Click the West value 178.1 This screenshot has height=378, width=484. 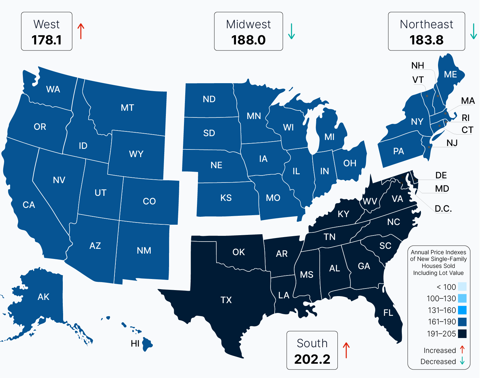[47, 40]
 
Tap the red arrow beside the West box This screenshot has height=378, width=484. [81, 31]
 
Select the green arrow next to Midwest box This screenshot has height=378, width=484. [291, 31]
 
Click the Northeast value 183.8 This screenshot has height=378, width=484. [426, 40]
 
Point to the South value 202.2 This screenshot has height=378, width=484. [312, 359]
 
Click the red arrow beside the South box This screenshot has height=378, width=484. [346, 350]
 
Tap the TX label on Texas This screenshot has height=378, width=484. [226, 300]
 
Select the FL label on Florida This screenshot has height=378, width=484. [388, 313]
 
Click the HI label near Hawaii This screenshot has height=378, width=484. [135, 343]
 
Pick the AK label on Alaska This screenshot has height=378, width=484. [43, 297]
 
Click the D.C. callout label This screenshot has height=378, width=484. [443, 209]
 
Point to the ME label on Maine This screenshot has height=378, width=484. [450, 74]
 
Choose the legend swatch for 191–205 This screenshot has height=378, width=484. [462, 334]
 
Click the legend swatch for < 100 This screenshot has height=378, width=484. [462, 287]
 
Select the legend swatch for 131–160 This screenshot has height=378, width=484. [462, 310]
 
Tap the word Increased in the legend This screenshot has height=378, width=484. [440, 350]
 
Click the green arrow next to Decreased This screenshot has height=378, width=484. [462, 361]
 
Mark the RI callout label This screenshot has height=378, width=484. [465, 118]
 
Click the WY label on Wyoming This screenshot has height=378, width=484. [136, 154]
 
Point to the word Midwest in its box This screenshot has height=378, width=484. [248, 24]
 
